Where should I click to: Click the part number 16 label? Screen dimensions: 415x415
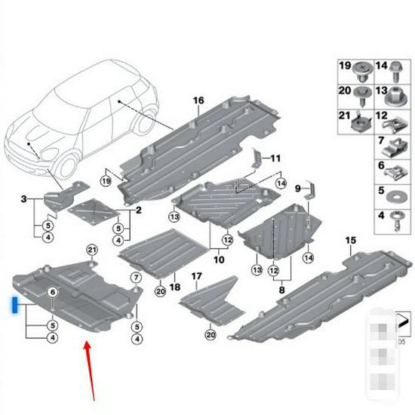pos(198,101)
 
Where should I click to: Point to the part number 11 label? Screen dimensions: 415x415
pos(275,158)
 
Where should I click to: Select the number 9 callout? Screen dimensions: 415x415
pos(297,188)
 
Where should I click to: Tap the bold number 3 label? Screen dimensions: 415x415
pos(23,199)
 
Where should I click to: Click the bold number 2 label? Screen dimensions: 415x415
pos(139,214)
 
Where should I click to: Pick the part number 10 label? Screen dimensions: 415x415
pos(219,260)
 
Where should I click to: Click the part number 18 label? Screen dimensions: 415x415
pos(175,287)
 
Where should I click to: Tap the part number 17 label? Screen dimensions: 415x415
pos(198,276)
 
